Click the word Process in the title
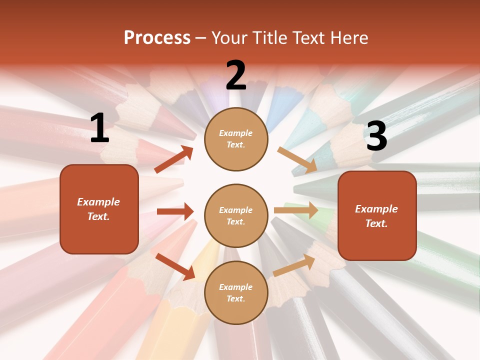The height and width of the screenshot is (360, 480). click(157, 38)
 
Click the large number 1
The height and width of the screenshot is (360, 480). click(99, 128)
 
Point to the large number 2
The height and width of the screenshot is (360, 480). click(236, 75)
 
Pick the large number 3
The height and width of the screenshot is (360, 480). click(376, 136)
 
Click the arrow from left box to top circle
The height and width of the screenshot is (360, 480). click(174, 159)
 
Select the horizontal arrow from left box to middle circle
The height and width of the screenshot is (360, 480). click(175, 211)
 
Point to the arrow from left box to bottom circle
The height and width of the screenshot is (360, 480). click(175, 266)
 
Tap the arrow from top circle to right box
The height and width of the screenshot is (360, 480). click(297, 159)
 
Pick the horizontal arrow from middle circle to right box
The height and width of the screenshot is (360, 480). click(296, 210)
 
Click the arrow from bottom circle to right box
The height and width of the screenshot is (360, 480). click(294, 265)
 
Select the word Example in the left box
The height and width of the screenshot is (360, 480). click(98, 202)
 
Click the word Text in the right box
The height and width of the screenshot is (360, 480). click(376, 223)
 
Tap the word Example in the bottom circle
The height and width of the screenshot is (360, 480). click(235, 287)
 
